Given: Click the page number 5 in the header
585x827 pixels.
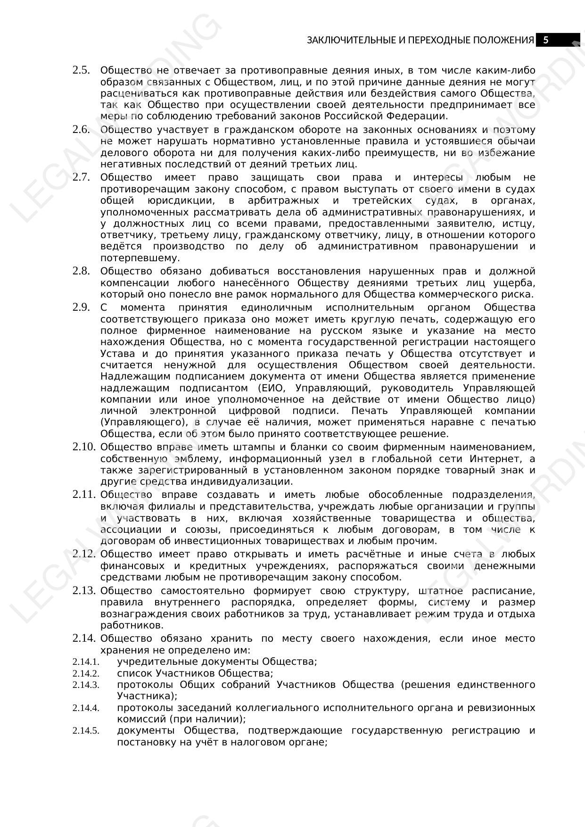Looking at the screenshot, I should click(546, 40).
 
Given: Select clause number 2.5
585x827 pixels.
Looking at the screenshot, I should click(81, 70).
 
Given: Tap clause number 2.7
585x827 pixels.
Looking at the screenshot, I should click(81, 177).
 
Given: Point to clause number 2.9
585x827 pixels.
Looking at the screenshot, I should click(81, 307).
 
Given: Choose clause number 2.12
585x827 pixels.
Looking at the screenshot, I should click(84, 554).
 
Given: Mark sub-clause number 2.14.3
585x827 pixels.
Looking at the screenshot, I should click(86, 685).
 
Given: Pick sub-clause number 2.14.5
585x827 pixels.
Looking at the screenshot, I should click(86, 730).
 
